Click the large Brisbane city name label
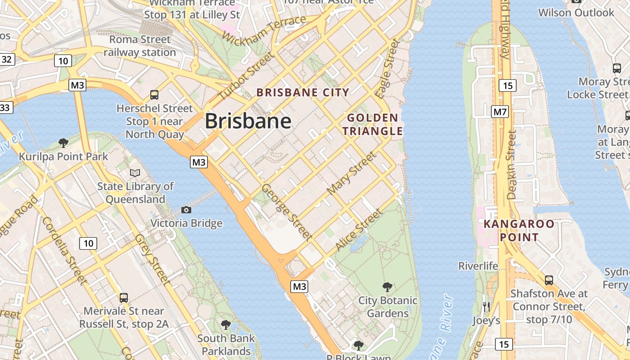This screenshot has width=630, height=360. click(x=248, y=121)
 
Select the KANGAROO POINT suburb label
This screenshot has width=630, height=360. click(x=513, y=230)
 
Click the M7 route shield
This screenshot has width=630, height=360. click(x=500, y=111)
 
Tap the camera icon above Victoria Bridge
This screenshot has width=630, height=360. click(x=186, y=210)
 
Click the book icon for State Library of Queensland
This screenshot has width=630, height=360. click(x=135, y=173)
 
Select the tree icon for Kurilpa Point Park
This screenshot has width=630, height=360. click(x=63, y=143)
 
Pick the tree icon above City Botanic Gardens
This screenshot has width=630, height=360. click(x=387, y=287)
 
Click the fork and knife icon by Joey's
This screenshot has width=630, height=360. click(x=486, y=307)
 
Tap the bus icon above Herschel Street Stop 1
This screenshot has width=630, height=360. click(x=154, y=94)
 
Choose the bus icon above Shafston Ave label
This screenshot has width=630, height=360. click(x=549, y=280)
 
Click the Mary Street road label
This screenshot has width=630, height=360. click(x=351, y=173)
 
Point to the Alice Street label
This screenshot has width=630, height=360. click(x=359, y=230)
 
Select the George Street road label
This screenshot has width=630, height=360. click(x=287, y=211)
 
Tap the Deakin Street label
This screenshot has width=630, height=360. click(x=512, y=165)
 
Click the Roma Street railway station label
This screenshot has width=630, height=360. click(x=139, y=46)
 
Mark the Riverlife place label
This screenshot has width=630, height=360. click(x=478, y=266)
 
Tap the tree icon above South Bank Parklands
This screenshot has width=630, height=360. click(x=226, y=324)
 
